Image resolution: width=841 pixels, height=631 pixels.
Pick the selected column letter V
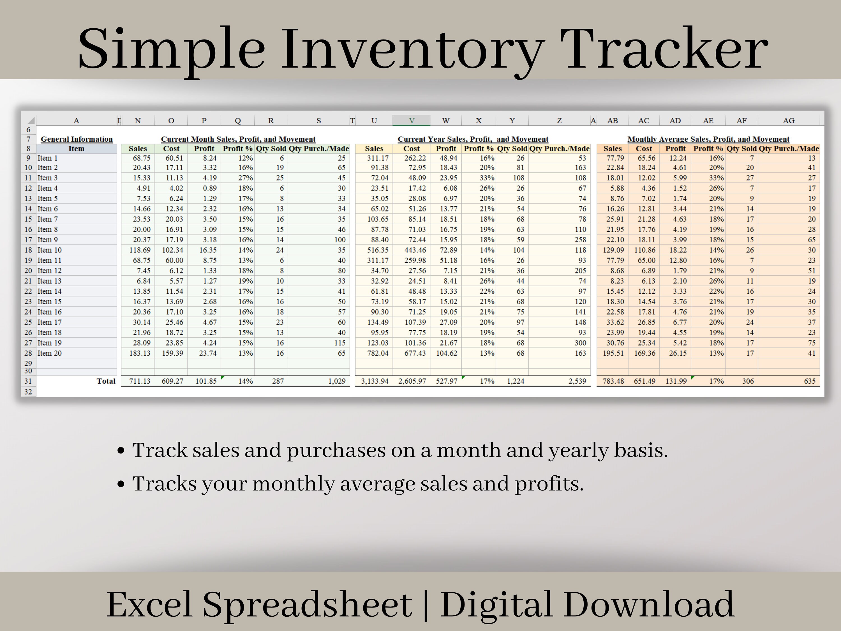click(411, 121)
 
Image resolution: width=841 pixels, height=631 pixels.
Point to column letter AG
click(789, 121)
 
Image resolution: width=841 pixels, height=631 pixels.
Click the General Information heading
click(77, 139)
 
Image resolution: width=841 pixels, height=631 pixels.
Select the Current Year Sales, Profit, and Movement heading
click(473, 139)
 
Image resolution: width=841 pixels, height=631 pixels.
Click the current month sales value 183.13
click(140, 353)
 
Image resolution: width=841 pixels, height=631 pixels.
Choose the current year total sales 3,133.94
click(375, 381)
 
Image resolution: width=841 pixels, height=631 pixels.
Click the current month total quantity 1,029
click(337, 381)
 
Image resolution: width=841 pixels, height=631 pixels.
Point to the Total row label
click(106, 381)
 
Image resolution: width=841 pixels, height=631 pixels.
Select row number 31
click(28, 381)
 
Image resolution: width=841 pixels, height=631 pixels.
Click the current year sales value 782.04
click(378, 353)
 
